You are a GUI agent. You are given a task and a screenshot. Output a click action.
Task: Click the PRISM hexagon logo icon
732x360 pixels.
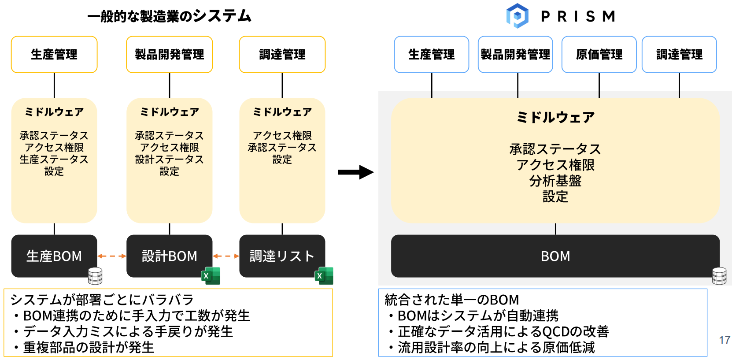[517, 16]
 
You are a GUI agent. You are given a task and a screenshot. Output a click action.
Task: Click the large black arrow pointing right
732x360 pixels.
[355, 172]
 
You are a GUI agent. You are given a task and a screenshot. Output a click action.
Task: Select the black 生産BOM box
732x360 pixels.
[54, 256]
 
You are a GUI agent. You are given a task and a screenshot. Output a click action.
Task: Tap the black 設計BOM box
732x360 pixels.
[169, 256]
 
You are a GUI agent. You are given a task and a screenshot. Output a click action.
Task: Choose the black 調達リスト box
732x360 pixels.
[282, 256]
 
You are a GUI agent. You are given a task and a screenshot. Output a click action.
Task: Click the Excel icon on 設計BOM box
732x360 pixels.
[211, 276]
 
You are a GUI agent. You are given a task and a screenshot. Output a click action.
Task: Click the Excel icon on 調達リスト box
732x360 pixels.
[324, 276]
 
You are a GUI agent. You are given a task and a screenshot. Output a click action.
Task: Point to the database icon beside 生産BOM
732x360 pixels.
[95, 276]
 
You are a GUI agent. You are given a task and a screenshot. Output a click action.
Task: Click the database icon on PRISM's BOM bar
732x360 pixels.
[719, 276]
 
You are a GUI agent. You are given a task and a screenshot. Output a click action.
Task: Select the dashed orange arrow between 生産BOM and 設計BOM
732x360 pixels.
[112, 256]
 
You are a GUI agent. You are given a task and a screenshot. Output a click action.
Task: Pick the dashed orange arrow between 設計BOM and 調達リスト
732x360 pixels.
[226, 256]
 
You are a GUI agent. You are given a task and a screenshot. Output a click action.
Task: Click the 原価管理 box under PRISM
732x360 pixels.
[599, 55]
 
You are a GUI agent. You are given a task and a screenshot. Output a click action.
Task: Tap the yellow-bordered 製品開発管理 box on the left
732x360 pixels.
[169, 55]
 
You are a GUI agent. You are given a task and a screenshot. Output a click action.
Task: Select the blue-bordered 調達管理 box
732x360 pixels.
[679, 55]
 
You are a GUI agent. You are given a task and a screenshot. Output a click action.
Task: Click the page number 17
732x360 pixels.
[725, 340]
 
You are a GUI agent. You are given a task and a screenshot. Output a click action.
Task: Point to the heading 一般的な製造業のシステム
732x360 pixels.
[169, 16]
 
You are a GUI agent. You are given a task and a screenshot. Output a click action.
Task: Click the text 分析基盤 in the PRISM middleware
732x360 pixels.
[555, 181]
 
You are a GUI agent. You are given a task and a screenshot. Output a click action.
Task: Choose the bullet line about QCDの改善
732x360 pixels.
[503, 331]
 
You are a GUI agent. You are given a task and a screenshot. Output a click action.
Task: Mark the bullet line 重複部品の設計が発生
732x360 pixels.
[88, 347]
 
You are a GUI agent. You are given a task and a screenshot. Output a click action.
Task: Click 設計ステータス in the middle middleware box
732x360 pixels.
[169, 159]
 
